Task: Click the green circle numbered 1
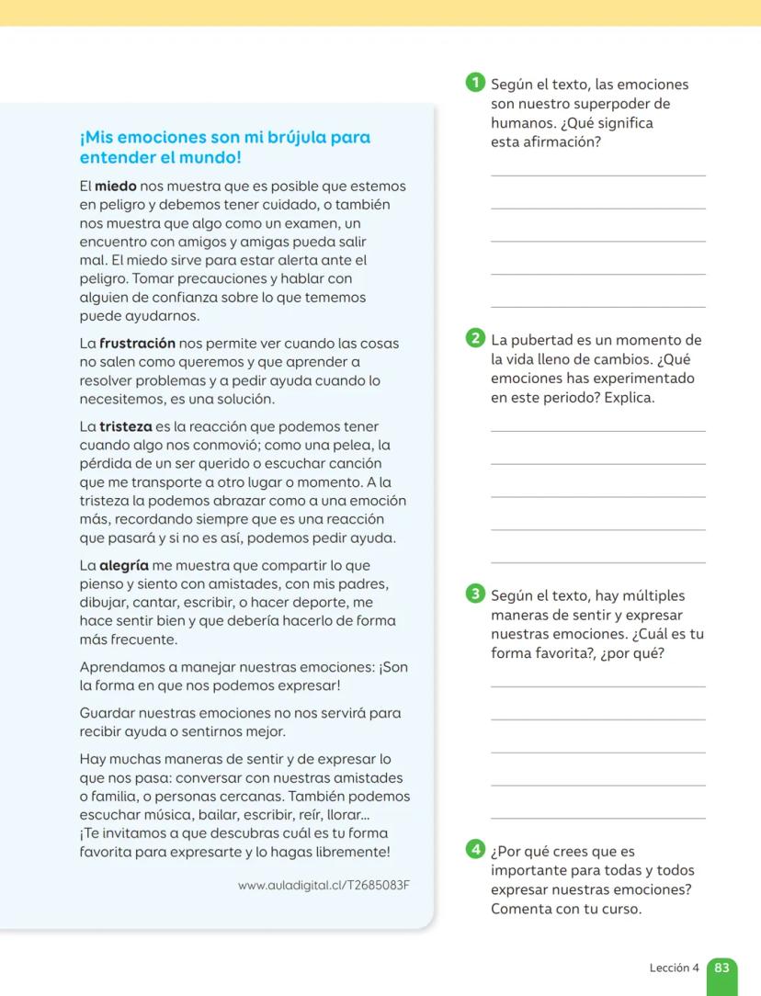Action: coord(475,83)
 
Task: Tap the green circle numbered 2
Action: coord(475,338)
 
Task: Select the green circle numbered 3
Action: coord(475,594)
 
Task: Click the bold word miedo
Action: coord(115,187)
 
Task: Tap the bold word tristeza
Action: coord(125,427)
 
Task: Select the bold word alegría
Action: coord(124,566)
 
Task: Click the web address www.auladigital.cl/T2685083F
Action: coord(323,886)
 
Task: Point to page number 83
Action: coord(721,968)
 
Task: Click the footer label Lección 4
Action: coord(674,968)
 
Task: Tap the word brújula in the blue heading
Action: coord(286,138)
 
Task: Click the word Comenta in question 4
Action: coord(523,910)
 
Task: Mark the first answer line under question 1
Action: coord(598,175)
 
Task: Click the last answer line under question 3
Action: coord(598,817)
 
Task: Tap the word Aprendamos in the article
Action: coord(120,667)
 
